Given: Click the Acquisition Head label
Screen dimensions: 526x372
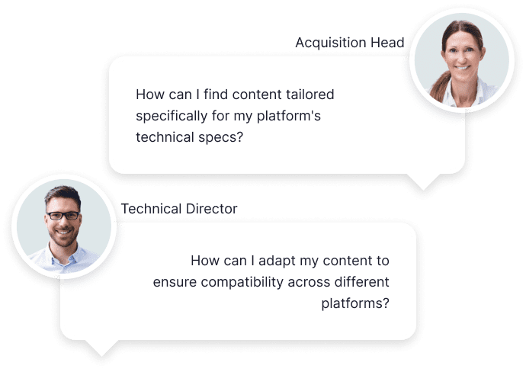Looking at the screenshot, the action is tap(350, 43).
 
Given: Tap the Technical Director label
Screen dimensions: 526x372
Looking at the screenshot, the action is tap(179, 209).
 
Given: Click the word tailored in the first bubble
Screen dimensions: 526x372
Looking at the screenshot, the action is tap(310, 95).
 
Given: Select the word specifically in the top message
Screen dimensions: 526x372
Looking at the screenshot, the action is tap(172, 117).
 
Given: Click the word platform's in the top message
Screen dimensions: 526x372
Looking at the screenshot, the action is tap(288, 117).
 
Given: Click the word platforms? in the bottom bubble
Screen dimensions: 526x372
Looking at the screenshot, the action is tap(355, 303).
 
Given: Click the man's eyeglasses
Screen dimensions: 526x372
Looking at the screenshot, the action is tap(63, 216).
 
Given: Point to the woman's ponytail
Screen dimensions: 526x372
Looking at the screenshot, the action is tap(439, 88).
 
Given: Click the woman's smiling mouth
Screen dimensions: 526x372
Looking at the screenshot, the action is tap(462, 67).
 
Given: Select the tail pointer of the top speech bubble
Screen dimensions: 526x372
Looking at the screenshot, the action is tap(423, 181).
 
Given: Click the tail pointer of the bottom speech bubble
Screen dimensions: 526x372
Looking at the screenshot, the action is tap(101, 348).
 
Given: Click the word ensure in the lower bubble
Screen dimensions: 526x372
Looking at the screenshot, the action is tap(175, 283).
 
